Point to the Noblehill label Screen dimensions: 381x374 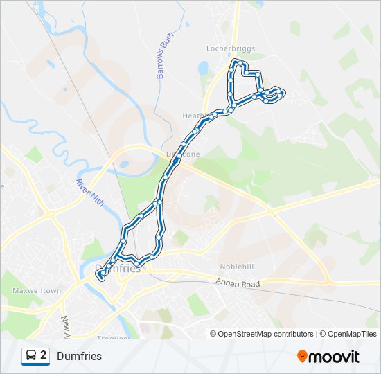238,266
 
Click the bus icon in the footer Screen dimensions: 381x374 30,356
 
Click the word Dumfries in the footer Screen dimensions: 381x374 79,357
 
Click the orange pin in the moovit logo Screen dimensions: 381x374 302,356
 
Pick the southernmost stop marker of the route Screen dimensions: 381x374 101,278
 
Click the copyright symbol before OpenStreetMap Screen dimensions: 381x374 214,334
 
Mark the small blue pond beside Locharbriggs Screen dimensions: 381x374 202,68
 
